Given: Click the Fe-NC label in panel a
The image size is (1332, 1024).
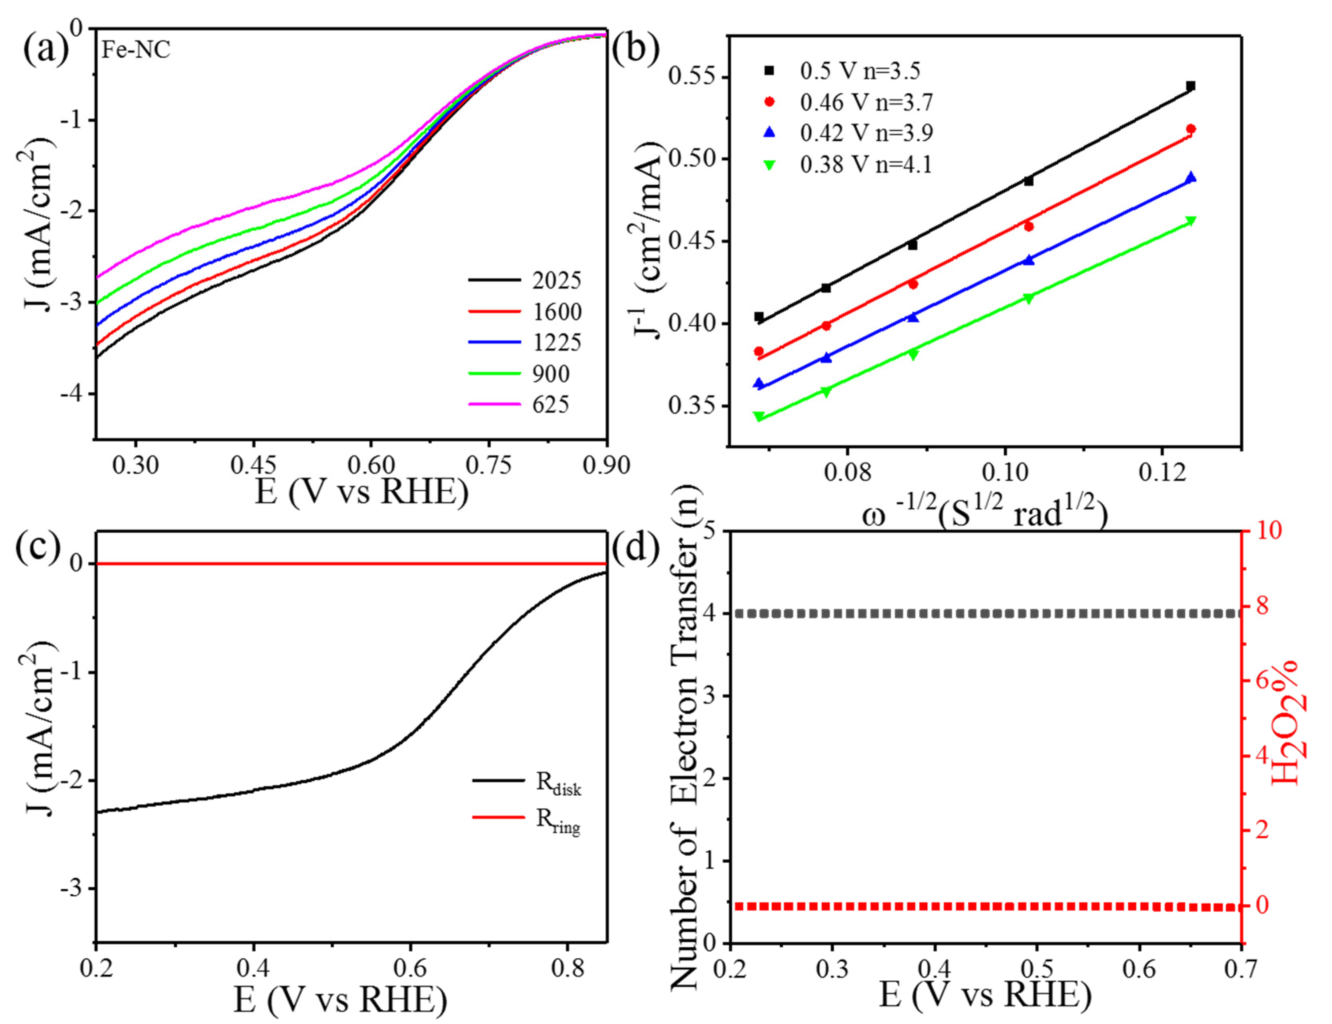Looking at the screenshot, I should [135, 50].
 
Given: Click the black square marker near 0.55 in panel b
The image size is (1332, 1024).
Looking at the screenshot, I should [1190, 86].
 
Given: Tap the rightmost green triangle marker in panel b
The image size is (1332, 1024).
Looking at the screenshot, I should [1190, 221].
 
